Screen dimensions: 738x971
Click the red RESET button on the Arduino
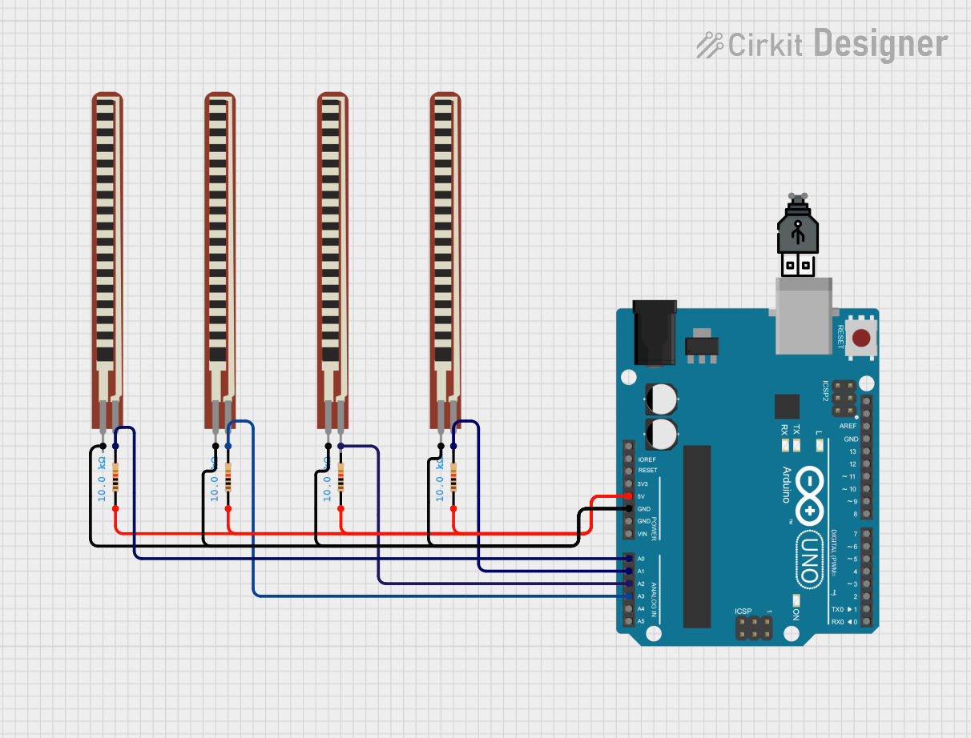coord(862,338)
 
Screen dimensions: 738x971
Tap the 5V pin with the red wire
coord(629,496)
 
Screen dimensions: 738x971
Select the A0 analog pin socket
coord(629,558)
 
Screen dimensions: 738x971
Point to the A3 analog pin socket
coord(629,596)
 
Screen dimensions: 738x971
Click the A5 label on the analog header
coord(641,621)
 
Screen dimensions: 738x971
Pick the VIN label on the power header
coord(642,534)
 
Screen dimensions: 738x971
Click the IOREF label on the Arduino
coord(647,459)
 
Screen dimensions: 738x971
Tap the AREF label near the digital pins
coord(848,426)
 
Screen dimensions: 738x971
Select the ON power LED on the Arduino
coord(796,601)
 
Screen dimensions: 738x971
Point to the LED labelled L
coord(819,447)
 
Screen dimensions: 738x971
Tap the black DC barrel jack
coord(655,332)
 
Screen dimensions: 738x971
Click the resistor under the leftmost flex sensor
coord(116,478)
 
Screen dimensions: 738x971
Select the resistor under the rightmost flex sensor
coord(454,478)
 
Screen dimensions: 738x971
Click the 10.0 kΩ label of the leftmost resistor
coord(102,479)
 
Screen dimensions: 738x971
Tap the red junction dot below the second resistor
coord(228,509)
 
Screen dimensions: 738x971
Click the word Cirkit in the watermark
coord(765,45)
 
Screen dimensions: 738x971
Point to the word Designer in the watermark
coord(880,43)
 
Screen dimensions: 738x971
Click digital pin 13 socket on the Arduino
coord(866,451)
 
